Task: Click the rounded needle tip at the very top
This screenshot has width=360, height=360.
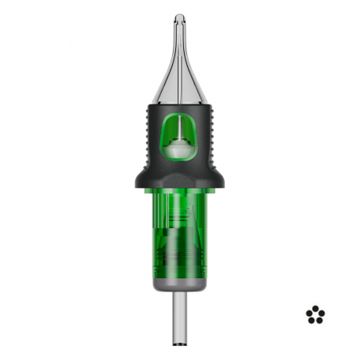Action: tap(180, 17)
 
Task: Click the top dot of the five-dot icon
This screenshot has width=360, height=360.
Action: tap(315, 309)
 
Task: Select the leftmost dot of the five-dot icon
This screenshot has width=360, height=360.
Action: tap(310, 314)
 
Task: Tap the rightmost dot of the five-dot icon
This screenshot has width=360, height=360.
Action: tap(321, 314)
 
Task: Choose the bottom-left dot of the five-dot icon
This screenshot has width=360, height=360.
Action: tap(312, 320)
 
